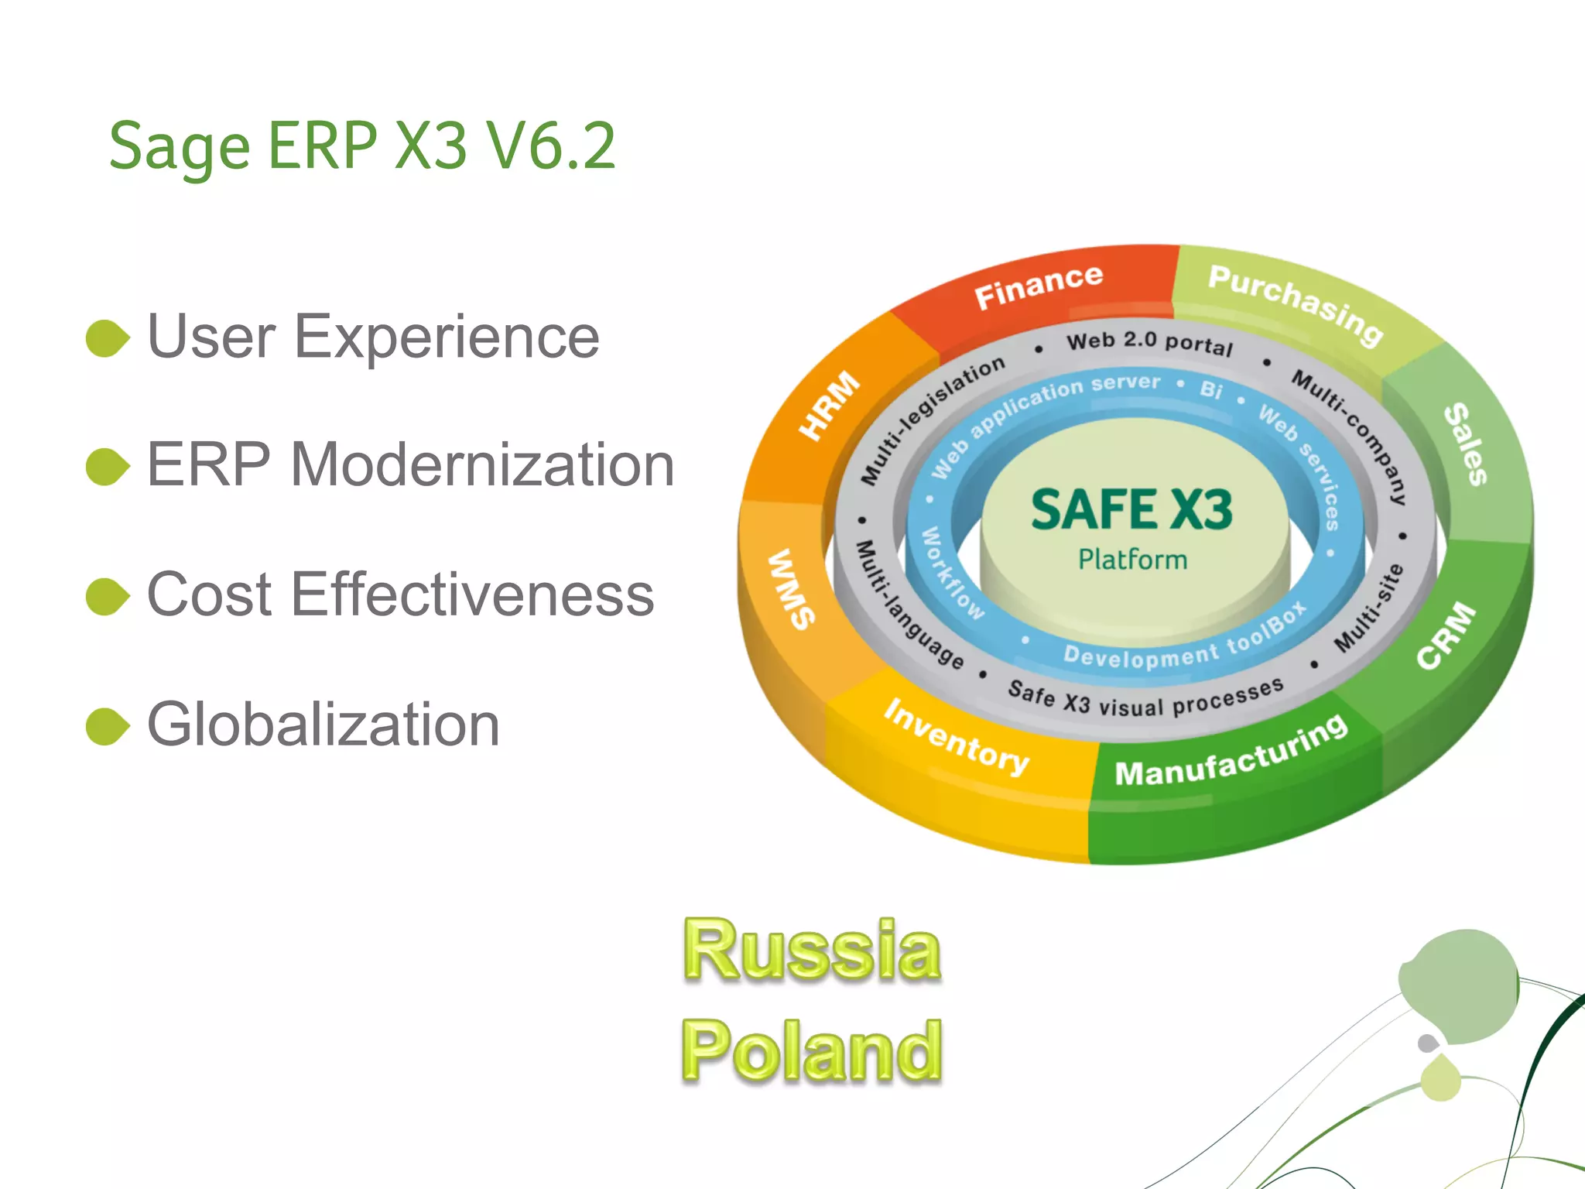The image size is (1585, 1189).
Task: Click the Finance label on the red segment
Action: [x=1038, y=286]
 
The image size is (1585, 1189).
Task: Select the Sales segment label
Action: [x=1465, y=445]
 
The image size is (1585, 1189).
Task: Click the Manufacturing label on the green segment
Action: [x=1231, y=752]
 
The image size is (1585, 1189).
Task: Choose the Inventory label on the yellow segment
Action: [x=957, y=737]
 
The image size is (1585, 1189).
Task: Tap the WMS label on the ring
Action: [x=791, y=588]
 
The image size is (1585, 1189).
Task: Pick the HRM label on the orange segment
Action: [x=829, y=405]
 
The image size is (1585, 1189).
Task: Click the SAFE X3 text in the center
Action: [x=1131, y=510]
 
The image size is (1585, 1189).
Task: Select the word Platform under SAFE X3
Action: [x=1132, y=560]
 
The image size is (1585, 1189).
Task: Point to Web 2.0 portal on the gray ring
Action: [x=1149, y=342]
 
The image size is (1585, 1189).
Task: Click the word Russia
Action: [x=812, y=951]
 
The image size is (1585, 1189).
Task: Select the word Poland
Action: [x=812, y=1050]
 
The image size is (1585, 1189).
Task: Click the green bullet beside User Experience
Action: [x=107, y=338]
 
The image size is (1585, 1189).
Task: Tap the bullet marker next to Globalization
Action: [x=107, y=726]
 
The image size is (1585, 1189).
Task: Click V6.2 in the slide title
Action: [x=550, y=146]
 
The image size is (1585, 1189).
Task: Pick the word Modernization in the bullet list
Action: [x=482, y=465]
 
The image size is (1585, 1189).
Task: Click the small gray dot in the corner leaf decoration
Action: [x=1428, y=1043]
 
